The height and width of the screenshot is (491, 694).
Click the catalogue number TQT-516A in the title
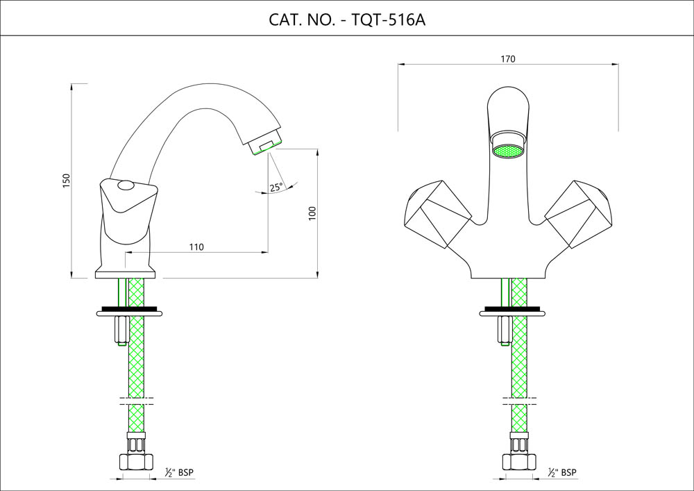tap(389, 19)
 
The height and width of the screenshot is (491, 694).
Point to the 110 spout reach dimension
tap(196, 247)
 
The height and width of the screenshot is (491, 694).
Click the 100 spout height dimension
tap(312, 213)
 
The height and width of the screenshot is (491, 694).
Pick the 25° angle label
tap(276, 187)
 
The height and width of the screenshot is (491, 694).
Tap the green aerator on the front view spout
tap(507, 151)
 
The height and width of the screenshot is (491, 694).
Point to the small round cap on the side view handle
tap(126, 185)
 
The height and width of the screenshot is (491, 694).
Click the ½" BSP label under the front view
tap(562, 473)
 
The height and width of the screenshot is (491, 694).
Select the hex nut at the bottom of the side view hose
tap(136, 460)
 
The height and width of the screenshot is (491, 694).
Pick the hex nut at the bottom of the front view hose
tap(518, 460)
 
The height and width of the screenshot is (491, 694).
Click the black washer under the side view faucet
tap(129, 308)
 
